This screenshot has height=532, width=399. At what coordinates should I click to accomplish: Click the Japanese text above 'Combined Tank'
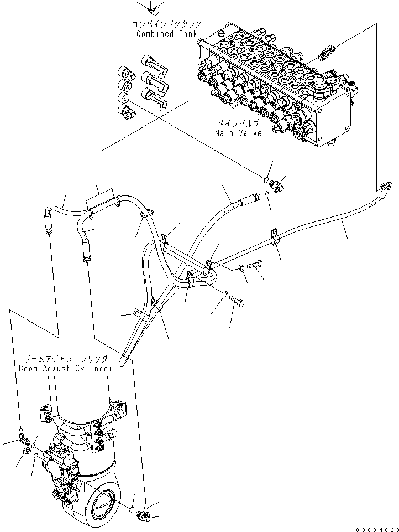click(x=166, y=25)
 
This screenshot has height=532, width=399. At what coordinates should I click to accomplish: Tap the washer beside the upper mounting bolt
click(x=243, y=268)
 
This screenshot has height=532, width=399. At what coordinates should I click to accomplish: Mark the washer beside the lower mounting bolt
click(x=224, y=294)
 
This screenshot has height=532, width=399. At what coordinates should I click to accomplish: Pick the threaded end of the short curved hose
click(x=255, y=196)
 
